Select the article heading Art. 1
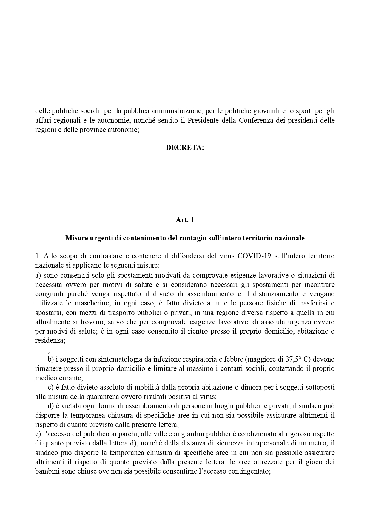tap(185, 220)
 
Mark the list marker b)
tap(50, 359)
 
